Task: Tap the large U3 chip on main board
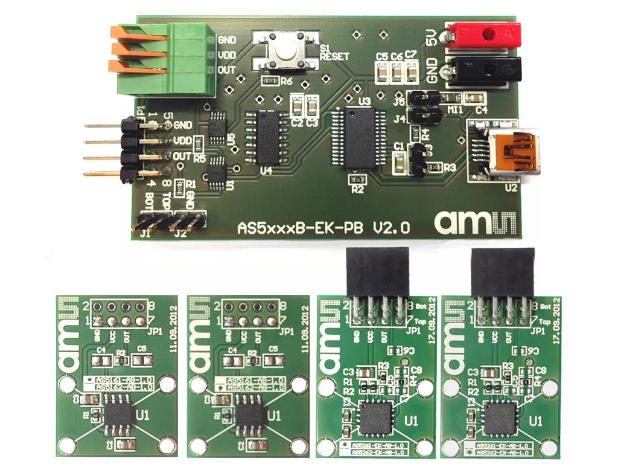point(362,140)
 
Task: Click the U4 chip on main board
point(265,137)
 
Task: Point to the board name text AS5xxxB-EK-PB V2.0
point(324,228)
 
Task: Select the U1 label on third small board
point(410,420)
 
